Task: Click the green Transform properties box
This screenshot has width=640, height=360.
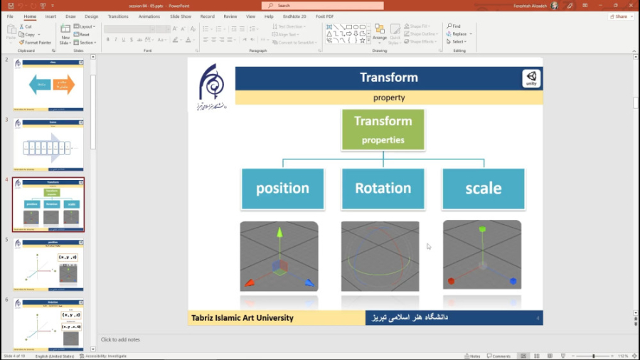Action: (x=383, y=129)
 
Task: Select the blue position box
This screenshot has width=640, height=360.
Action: (x=282, y=189)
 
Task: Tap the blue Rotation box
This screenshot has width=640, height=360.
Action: (x=383, y=189)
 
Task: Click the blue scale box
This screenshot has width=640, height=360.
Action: (x=483, y=189)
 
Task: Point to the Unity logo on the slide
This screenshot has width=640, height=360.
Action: (x=531, y=78)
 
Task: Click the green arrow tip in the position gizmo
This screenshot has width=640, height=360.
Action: (x=279, y=232)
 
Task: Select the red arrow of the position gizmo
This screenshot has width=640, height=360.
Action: (x=249, y=282)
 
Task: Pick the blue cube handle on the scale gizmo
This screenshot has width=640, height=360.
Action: (x=512, y=281)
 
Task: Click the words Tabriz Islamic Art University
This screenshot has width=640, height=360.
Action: (x=242, y=318)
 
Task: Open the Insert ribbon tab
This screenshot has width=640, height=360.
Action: (x=50, y=16)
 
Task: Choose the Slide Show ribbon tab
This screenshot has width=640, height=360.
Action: (x=181, y=16)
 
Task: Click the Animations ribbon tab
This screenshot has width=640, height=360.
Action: (x=149, y=16)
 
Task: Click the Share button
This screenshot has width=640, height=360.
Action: (x=618, y=16)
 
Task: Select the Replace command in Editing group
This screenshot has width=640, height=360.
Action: (x=459, y=34)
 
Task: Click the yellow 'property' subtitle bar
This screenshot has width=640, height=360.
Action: (x=388, y=97)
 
